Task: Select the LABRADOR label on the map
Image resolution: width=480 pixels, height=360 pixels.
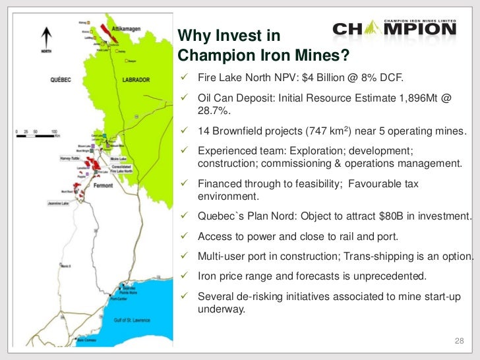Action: (136, 80)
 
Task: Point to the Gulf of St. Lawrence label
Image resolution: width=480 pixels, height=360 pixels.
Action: (132, 320)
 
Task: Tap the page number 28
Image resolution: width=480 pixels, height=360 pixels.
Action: (460, 340)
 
